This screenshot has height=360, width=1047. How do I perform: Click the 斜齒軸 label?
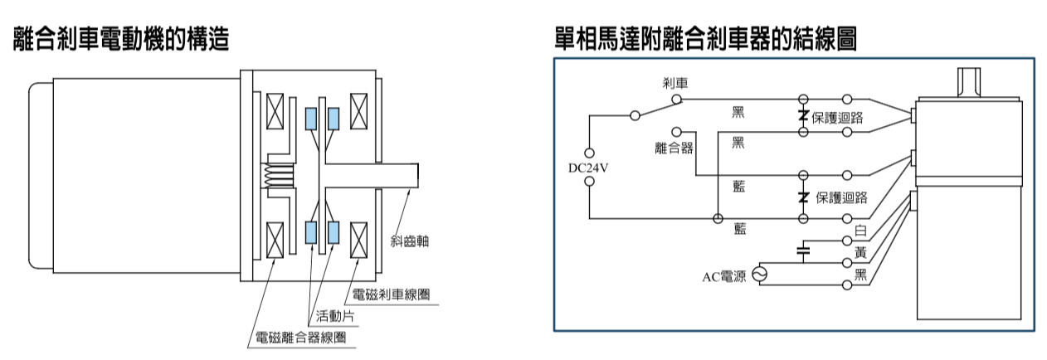[410, 241]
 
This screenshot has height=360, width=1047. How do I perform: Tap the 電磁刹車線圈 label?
[391, 294]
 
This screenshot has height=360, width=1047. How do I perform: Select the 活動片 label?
[335, 316]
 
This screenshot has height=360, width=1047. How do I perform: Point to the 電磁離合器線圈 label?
[300, 338]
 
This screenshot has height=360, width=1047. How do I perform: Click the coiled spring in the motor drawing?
[279, 175]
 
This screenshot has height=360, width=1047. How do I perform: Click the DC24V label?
[588, 168]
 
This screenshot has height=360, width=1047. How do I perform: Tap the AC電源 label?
[724, 277]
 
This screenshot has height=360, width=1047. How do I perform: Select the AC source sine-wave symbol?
[759, 275]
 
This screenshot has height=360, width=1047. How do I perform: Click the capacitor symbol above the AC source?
[803, 251]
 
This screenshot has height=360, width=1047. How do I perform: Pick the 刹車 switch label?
[675, 83]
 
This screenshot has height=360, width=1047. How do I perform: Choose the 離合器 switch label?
[674, 148]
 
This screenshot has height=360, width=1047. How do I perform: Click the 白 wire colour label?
[860, 231]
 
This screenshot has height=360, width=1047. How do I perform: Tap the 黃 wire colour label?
[860, 253]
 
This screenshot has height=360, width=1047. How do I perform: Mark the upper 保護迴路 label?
[837, 118]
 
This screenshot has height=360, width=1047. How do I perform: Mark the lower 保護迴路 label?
[841, 197]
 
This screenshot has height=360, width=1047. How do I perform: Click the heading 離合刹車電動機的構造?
[121, 38]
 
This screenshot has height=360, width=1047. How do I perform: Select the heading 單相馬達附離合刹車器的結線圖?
[705, 38]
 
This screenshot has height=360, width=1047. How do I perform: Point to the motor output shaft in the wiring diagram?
[969, 83]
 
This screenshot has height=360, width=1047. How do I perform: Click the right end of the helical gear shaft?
[418, 175]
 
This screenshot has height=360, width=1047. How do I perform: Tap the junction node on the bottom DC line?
[718, 218]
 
